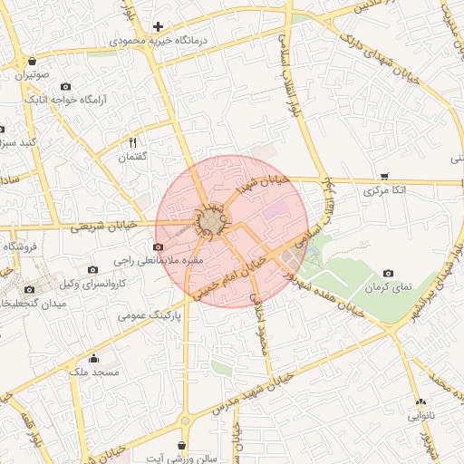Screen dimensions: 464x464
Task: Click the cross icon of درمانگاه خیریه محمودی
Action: pyautogui.click(x=159, y=27)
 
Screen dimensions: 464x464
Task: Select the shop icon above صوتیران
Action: pyautogui.click(x=34, y=62)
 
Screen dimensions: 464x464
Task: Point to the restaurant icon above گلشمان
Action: pyautogui.click(x=133, y=142)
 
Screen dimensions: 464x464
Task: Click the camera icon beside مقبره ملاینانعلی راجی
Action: pyautogui.click(x=159, y=246)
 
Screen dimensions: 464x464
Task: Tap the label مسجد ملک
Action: pyautogui.click(x=94, y=372)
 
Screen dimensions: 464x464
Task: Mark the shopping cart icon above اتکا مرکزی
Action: pyautogui.click(x=385, y=177)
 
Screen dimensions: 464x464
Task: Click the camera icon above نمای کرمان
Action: pyautogui.click(x=389, y=274)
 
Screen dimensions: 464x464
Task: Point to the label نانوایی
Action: pyautogui.click(x=419, y=416)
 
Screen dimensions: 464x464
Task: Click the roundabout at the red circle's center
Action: pyautogui.click(x=212, y=221)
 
